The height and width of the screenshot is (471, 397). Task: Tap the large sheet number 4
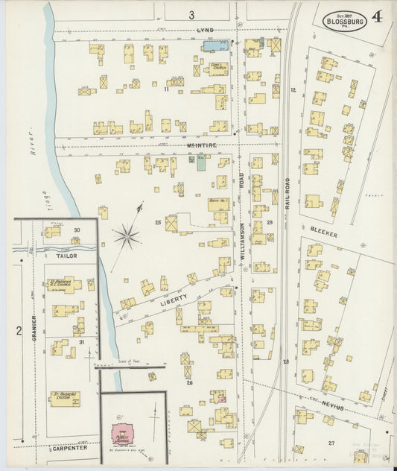[x=378, y=17]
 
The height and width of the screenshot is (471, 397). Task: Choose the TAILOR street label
[x=67, y=255]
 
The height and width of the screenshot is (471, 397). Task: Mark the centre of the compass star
[x=127, y=238]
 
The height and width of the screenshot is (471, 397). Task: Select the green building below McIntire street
[x=200, y=162]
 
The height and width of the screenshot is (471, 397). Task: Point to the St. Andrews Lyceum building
[x=66, y=398]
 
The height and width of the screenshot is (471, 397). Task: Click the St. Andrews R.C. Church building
[x=63, y=285]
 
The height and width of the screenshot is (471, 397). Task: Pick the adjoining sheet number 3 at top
[x=191, y=14]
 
